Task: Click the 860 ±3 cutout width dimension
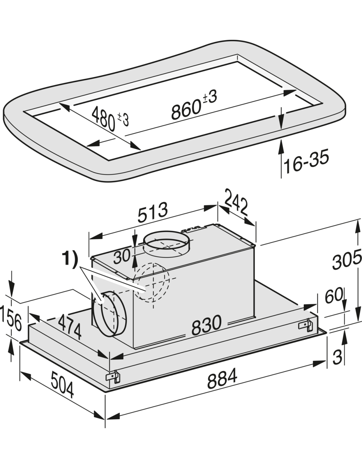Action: point(194,104)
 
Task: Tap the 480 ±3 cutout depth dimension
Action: point(110,118)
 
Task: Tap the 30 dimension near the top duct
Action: point(122,256)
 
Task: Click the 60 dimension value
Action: point(334,296)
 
